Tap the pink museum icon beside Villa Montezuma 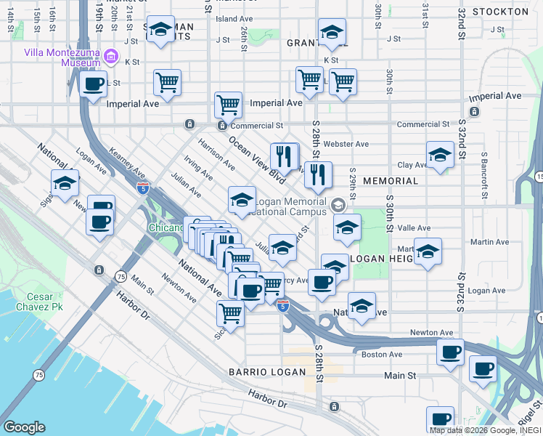[111, 55]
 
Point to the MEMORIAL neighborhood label [391, 181]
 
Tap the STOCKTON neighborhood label [499, 12]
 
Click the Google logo [24, 427]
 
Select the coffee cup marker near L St [94, 84]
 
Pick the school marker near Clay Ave [440, 155]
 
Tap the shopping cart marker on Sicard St [230, 315]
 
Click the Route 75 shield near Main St [121, 277]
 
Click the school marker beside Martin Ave [428, 251]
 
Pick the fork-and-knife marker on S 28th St [318, 174]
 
